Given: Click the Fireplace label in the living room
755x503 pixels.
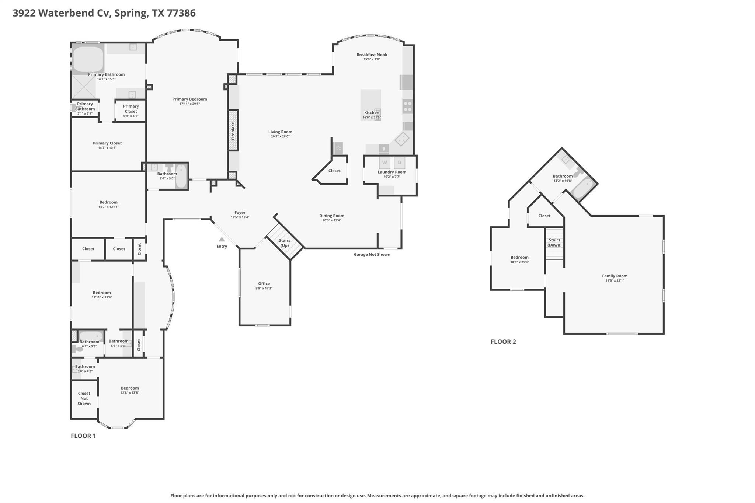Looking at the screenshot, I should coord(233,131).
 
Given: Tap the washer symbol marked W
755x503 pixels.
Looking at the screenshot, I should coord(385,163).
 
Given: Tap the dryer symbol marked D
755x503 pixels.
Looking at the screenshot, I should coord(399,163).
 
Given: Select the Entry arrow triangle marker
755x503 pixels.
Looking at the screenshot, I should coord(222,239).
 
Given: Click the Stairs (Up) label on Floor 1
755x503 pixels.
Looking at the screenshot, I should coord(285,243).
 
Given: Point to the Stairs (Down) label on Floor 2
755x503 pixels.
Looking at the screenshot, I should coord(554,242).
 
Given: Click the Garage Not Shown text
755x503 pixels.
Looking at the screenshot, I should coord(372,254).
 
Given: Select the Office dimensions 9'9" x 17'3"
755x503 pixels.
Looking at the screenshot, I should coord(264,288).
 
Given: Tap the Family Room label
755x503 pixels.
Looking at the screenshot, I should coord(615,276).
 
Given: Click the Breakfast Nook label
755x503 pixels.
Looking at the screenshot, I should coord(372,55).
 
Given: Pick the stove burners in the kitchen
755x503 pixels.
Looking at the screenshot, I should coord(407,107).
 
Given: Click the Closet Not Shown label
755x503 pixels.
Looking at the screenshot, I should coord(84,398).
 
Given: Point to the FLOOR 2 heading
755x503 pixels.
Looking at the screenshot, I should coord(503,342).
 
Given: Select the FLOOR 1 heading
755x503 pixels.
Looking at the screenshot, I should coord(83,436).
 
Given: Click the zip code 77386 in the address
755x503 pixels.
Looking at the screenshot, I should coord(181,13).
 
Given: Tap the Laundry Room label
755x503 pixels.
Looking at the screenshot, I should coord(392,172).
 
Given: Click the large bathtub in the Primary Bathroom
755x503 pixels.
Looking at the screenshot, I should coord(88,59).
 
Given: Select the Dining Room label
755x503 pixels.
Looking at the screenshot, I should coord(332,216).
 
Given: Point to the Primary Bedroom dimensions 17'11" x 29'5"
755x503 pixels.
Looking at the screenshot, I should coord(189,104).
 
